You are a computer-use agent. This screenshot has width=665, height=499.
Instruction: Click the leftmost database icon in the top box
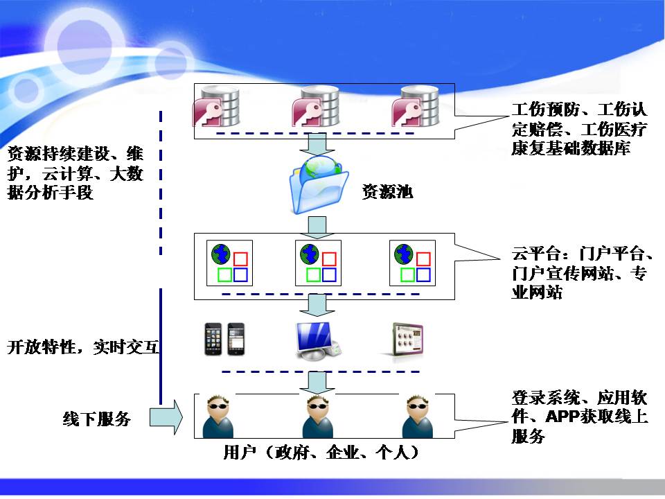tap(218, 107)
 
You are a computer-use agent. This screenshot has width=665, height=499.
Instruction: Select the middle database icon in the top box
tap(316, 107)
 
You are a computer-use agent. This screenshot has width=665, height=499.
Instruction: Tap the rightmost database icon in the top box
tap(416, 107)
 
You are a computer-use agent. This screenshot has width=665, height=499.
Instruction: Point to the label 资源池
tap(387, 193)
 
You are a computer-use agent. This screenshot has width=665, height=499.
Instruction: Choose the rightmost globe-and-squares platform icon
tap(411, 263)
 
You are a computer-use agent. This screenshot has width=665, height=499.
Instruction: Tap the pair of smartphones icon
tap(224, 339)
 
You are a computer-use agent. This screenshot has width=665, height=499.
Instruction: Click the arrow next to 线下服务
tap(166, 418)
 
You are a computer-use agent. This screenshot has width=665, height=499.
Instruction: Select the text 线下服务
tap(96, 419)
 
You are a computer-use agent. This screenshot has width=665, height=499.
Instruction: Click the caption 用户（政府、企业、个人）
tap(321, 453)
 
